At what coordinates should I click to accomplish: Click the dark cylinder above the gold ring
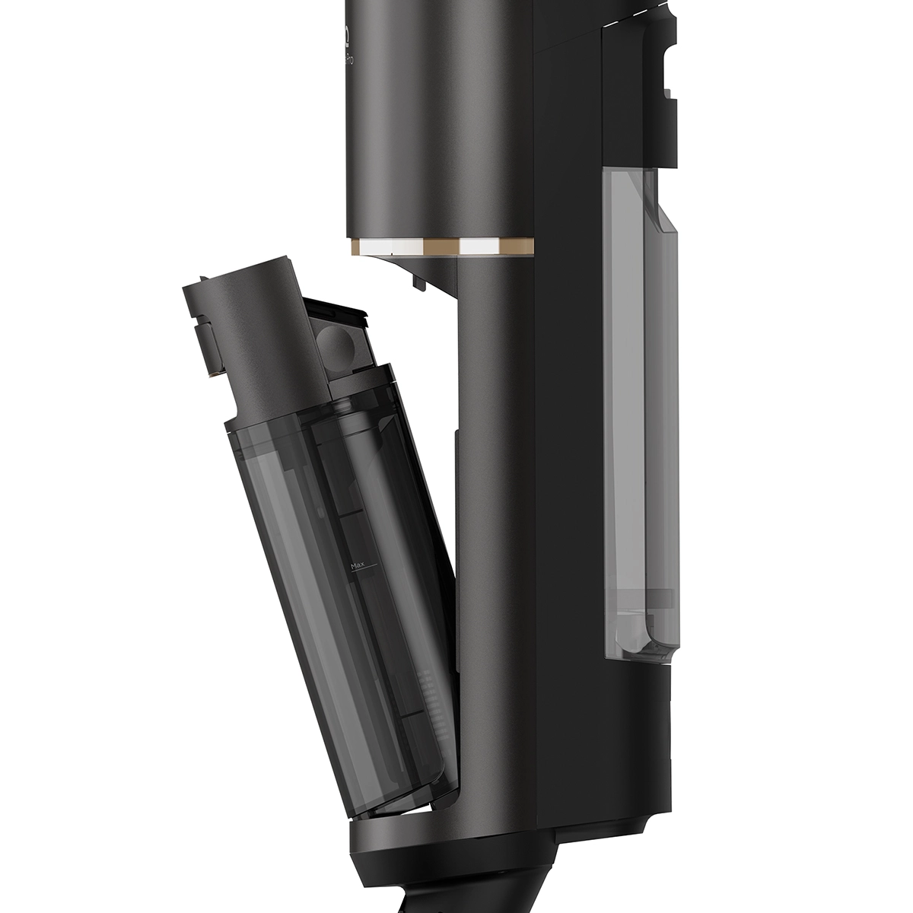[437, 122]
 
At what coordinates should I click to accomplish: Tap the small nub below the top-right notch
[667, 95]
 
